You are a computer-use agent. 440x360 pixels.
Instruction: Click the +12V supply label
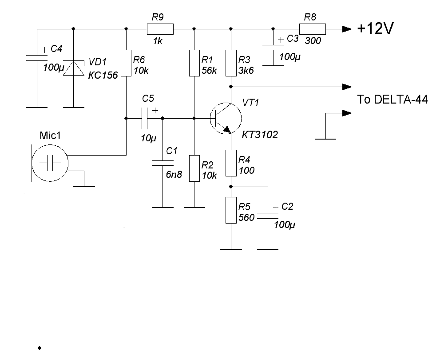[376, 29]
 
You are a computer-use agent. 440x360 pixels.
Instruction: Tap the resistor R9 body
[159, 29]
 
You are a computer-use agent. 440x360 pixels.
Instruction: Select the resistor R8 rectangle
[312, 29]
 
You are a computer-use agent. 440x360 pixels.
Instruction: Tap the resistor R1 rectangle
[194, 63]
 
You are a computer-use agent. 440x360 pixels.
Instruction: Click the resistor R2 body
[194, 168]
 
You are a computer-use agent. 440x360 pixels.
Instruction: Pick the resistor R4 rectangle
[231, 163]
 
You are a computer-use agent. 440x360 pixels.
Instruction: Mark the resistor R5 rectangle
[231, 210]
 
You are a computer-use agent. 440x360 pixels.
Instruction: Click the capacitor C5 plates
[145, 118]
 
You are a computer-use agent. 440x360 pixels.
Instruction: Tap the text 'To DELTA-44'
[392, 100]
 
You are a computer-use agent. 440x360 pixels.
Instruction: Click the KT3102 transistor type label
[260, 135]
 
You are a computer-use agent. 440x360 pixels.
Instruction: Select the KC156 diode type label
[103, 76]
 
